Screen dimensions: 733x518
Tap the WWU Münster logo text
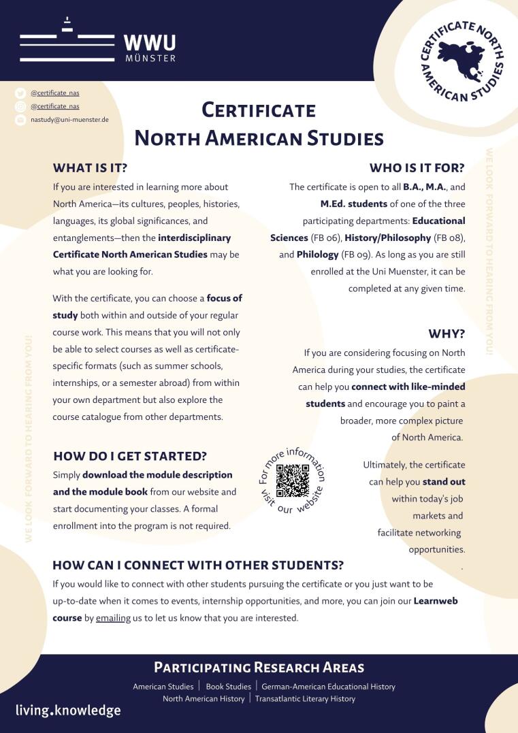[x=150, y=47]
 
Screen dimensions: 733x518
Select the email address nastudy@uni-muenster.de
[x=70, y=119]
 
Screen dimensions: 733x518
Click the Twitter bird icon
[x=20, y=93]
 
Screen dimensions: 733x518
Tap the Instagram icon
[x=20, y=106]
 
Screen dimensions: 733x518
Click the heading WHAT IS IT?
[x=90, y=167]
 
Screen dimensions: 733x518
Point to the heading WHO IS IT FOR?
[x=417, y=167]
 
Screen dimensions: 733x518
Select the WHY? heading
[x=447, y=333]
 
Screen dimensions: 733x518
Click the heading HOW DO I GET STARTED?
[x=130, y=456]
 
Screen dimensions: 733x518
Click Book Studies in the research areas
[x=228, y=687]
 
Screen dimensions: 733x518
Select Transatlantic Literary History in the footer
[x=305, y=698]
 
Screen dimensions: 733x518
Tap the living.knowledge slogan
[x=68, y=711]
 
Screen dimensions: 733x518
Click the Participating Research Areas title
[x=259, y=667]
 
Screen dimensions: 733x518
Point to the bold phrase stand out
[x=449, y=482]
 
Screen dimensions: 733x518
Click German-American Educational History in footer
[x=328, y=687]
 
